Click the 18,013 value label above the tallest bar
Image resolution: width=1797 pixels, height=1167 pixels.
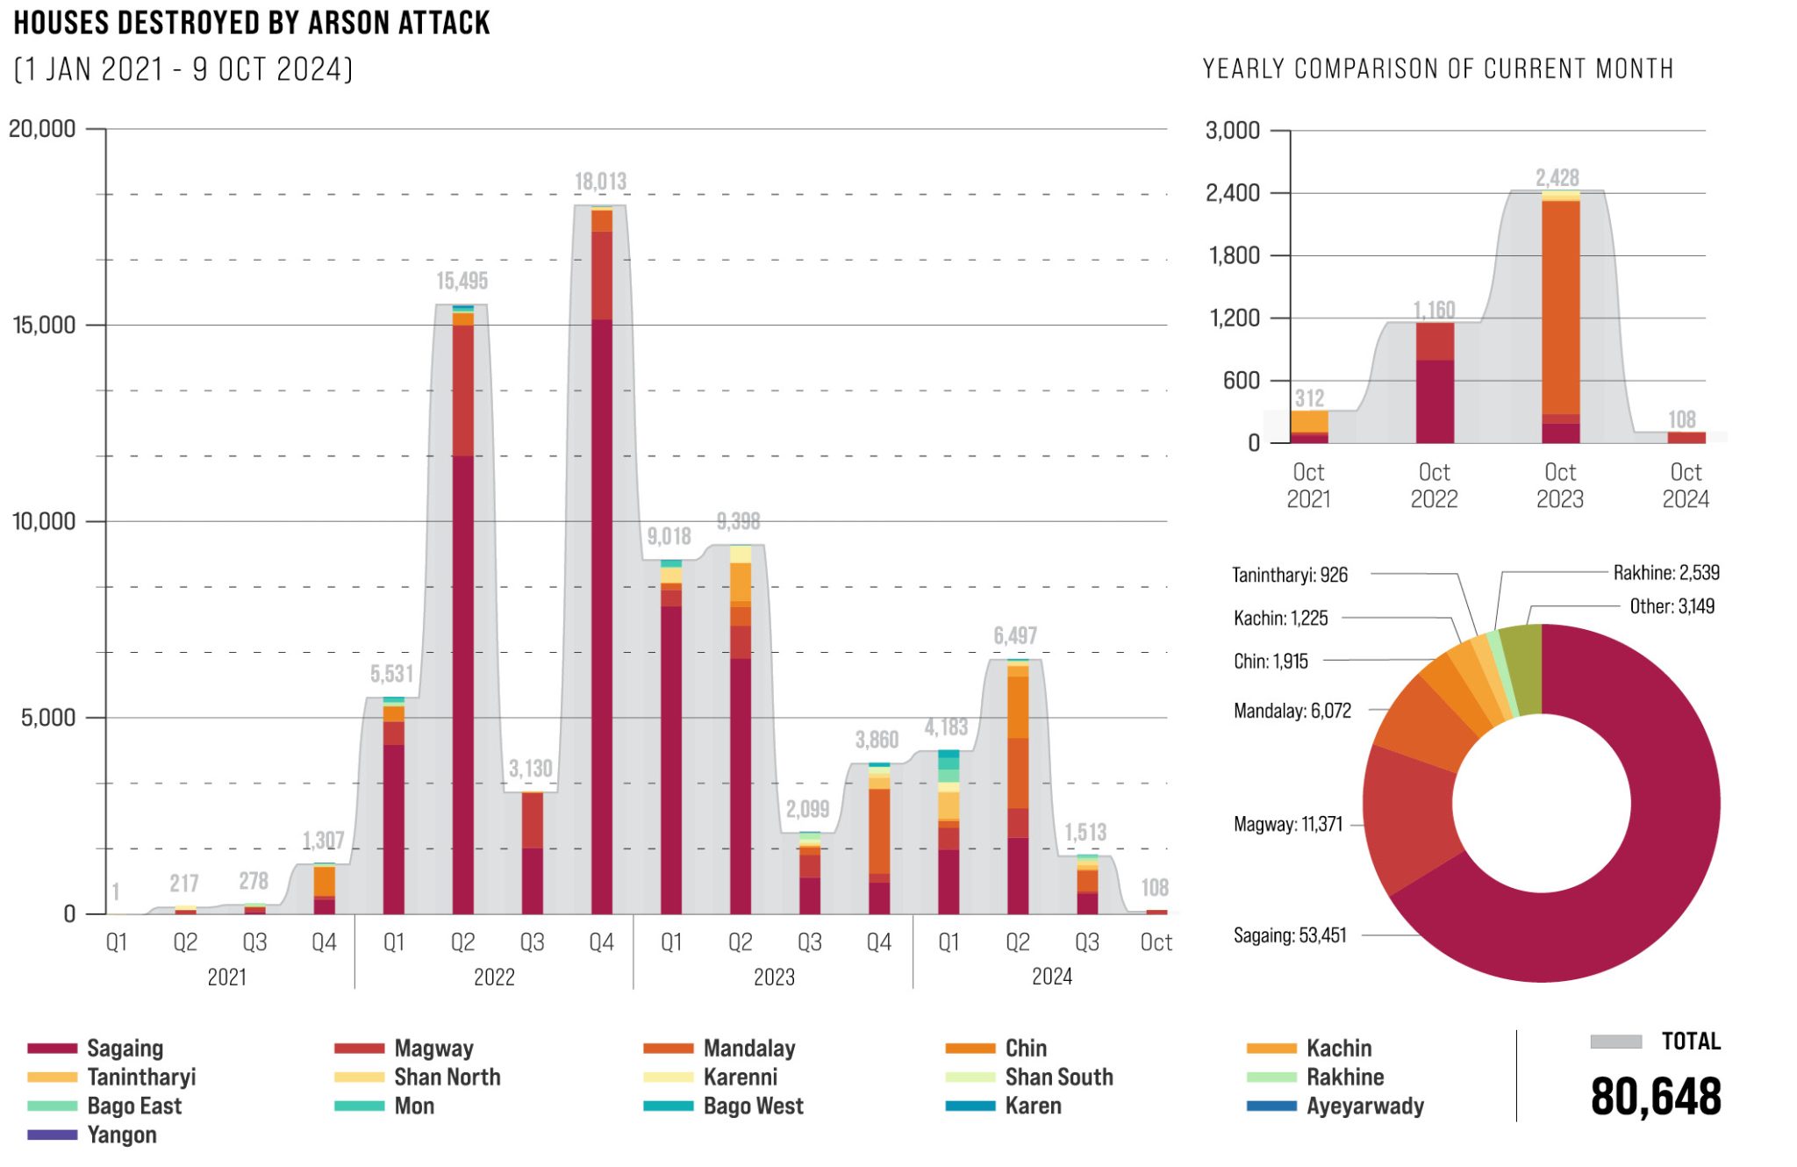(600, 182)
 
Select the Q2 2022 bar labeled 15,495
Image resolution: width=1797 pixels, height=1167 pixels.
(462, 614)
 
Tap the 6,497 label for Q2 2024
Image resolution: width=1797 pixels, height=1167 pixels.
(1015, 635)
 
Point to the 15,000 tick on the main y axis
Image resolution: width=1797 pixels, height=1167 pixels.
(44, 325)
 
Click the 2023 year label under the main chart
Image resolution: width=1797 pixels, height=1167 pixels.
(774, 977)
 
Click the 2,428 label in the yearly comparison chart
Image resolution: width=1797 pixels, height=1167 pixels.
(1557, 177)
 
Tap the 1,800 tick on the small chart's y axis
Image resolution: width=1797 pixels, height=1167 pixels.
(1234, 255)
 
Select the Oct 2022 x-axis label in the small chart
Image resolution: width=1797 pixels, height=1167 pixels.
(1434, 485)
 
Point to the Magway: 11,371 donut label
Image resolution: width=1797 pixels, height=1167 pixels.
(1287, 824)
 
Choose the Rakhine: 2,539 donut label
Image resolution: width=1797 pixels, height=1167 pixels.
(1665, 573)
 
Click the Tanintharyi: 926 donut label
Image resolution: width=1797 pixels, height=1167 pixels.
(1289, 575)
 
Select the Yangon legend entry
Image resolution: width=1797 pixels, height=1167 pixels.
(121, 1135)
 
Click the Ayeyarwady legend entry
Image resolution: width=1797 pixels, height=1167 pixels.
(1364, 1106)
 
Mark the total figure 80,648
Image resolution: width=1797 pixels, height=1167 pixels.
(1655, 1097)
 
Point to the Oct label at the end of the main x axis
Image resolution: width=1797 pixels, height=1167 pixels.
(1156, 941)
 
